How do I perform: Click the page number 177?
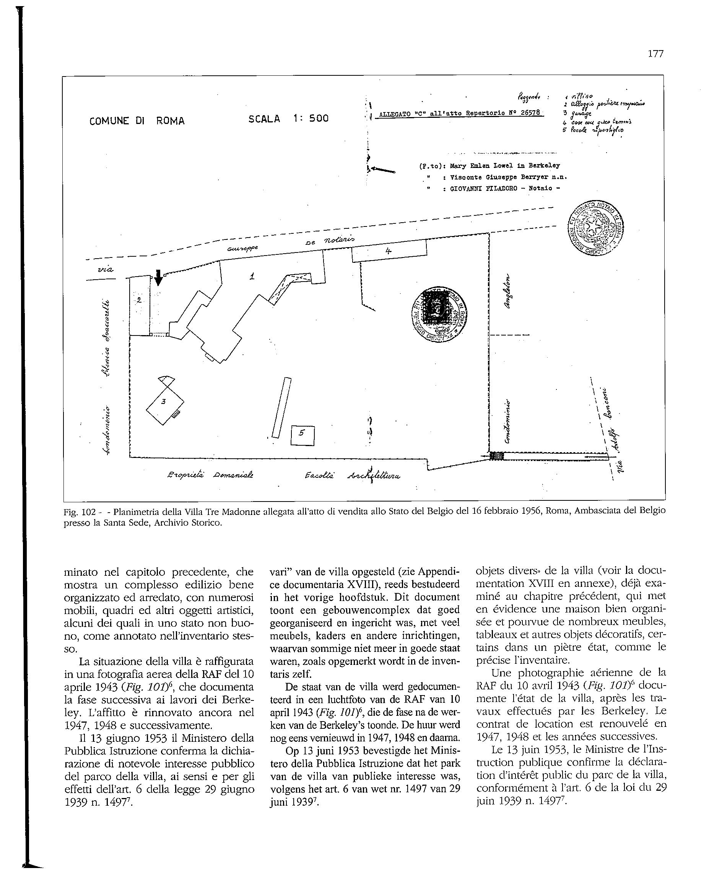coord(655,54)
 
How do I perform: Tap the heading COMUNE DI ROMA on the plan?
coord(137,121)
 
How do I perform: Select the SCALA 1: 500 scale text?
coord(288,119)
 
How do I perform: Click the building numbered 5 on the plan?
coord(302,435)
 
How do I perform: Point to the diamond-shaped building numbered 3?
coord(164,402)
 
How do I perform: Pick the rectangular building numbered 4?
coord(389,251)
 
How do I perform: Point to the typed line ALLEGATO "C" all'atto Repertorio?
coord(459,114)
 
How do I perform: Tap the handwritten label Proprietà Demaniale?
coord(210,475)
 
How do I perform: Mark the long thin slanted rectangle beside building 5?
coord(281,407)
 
